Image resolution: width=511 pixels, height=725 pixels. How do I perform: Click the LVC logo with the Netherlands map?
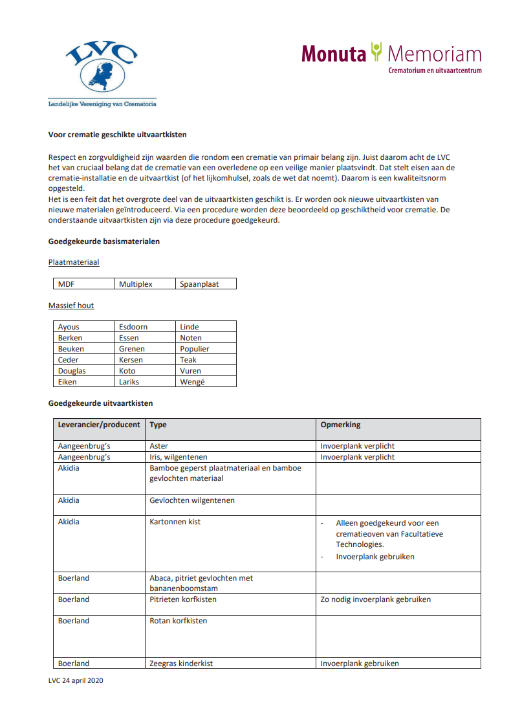click(102, 67)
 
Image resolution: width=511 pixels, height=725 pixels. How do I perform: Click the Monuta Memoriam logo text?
click(391, 54)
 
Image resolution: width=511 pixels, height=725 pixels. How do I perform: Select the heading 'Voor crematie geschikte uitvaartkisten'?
click(118, 135)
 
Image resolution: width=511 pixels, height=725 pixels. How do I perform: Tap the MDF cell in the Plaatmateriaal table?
click(67, 284)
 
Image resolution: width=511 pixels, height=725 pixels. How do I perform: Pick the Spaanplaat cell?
click(199, 284)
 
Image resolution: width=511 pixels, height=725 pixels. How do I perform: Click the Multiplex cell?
click(136, 284)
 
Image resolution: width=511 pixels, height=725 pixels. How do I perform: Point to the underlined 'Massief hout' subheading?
click(71, 306)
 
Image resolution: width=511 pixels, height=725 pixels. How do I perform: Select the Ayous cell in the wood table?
click(69, 327)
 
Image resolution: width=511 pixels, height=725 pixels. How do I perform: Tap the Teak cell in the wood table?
click(188, 360)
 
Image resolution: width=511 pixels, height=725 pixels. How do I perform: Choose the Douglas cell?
click(72, 371)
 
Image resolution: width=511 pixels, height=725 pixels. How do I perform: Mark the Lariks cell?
click(129, 382)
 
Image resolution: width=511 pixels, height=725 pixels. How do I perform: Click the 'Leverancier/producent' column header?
click(99, 425)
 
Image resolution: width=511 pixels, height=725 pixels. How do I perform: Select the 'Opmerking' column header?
click(340, 425)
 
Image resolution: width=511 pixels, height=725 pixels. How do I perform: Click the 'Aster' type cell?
click(158, 446)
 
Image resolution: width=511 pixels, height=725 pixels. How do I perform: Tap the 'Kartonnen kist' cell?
click(175, 522)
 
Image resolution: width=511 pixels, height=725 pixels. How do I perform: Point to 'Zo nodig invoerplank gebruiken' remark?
click(375, 599)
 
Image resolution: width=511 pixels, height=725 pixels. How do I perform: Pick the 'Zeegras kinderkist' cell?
click(181, 664)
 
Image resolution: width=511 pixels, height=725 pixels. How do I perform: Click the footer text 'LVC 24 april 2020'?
click(76, 680)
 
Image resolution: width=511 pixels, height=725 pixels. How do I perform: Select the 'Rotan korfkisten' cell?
click(178, 621)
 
